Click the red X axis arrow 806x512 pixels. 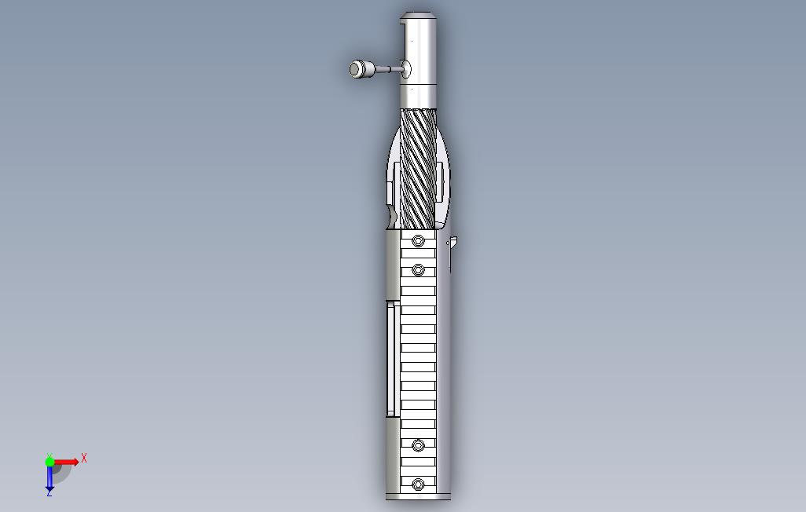point(66,462)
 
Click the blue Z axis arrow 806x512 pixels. point(49,476)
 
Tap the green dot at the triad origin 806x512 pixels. point(49,461)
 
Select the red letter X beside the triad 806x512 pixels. point(84,458)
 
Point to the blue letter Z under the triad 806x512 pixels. point(49,493)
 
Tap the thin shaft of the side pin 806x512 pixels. point(386,68)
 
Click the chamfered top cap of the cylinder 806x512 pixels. point(419,16)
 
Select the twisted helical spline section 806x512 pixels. point(418,169)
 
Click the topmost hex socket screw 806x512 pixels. point(418,240)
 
